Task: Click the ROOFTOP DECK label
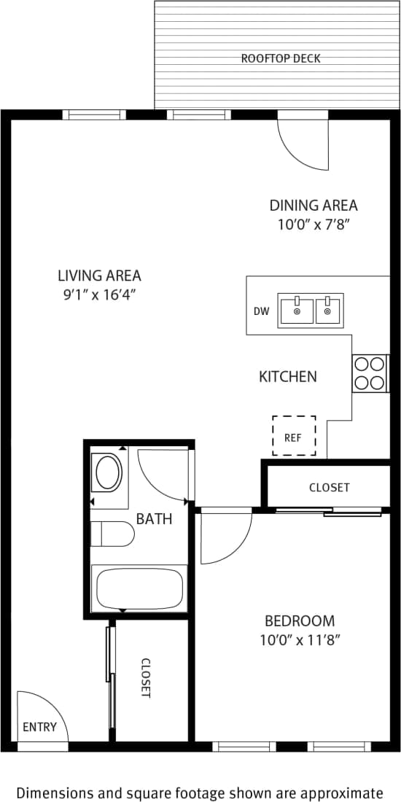(281, 58)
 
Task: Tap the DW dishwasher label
(262, 311)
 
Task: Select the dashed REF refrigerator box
(294, 436)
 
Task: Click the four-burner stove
(369, 373)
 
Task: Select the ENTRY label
(39, 726)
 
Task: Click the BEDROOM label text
(300, 621)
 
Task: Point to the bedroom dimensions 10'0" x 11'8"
(300, 640)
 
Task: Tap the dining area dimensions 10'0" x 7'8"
(314, 225)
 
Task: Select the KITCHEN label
(288, 377)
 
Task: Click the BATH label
(155, 519)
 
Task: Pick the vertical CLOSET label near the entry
(145, 678)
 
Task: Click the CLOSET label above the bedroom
(329, 487)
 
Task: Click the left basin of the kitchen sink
(297, 311)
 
